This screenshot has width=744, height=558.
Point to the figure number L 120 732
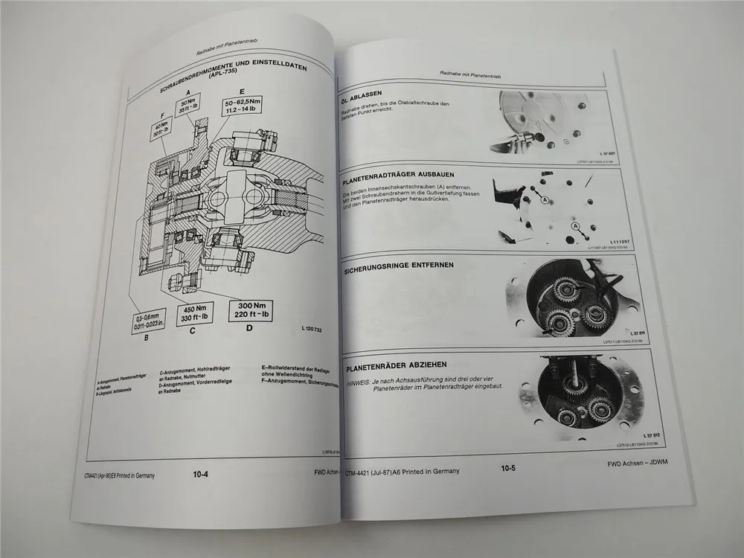coord(317,328)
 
